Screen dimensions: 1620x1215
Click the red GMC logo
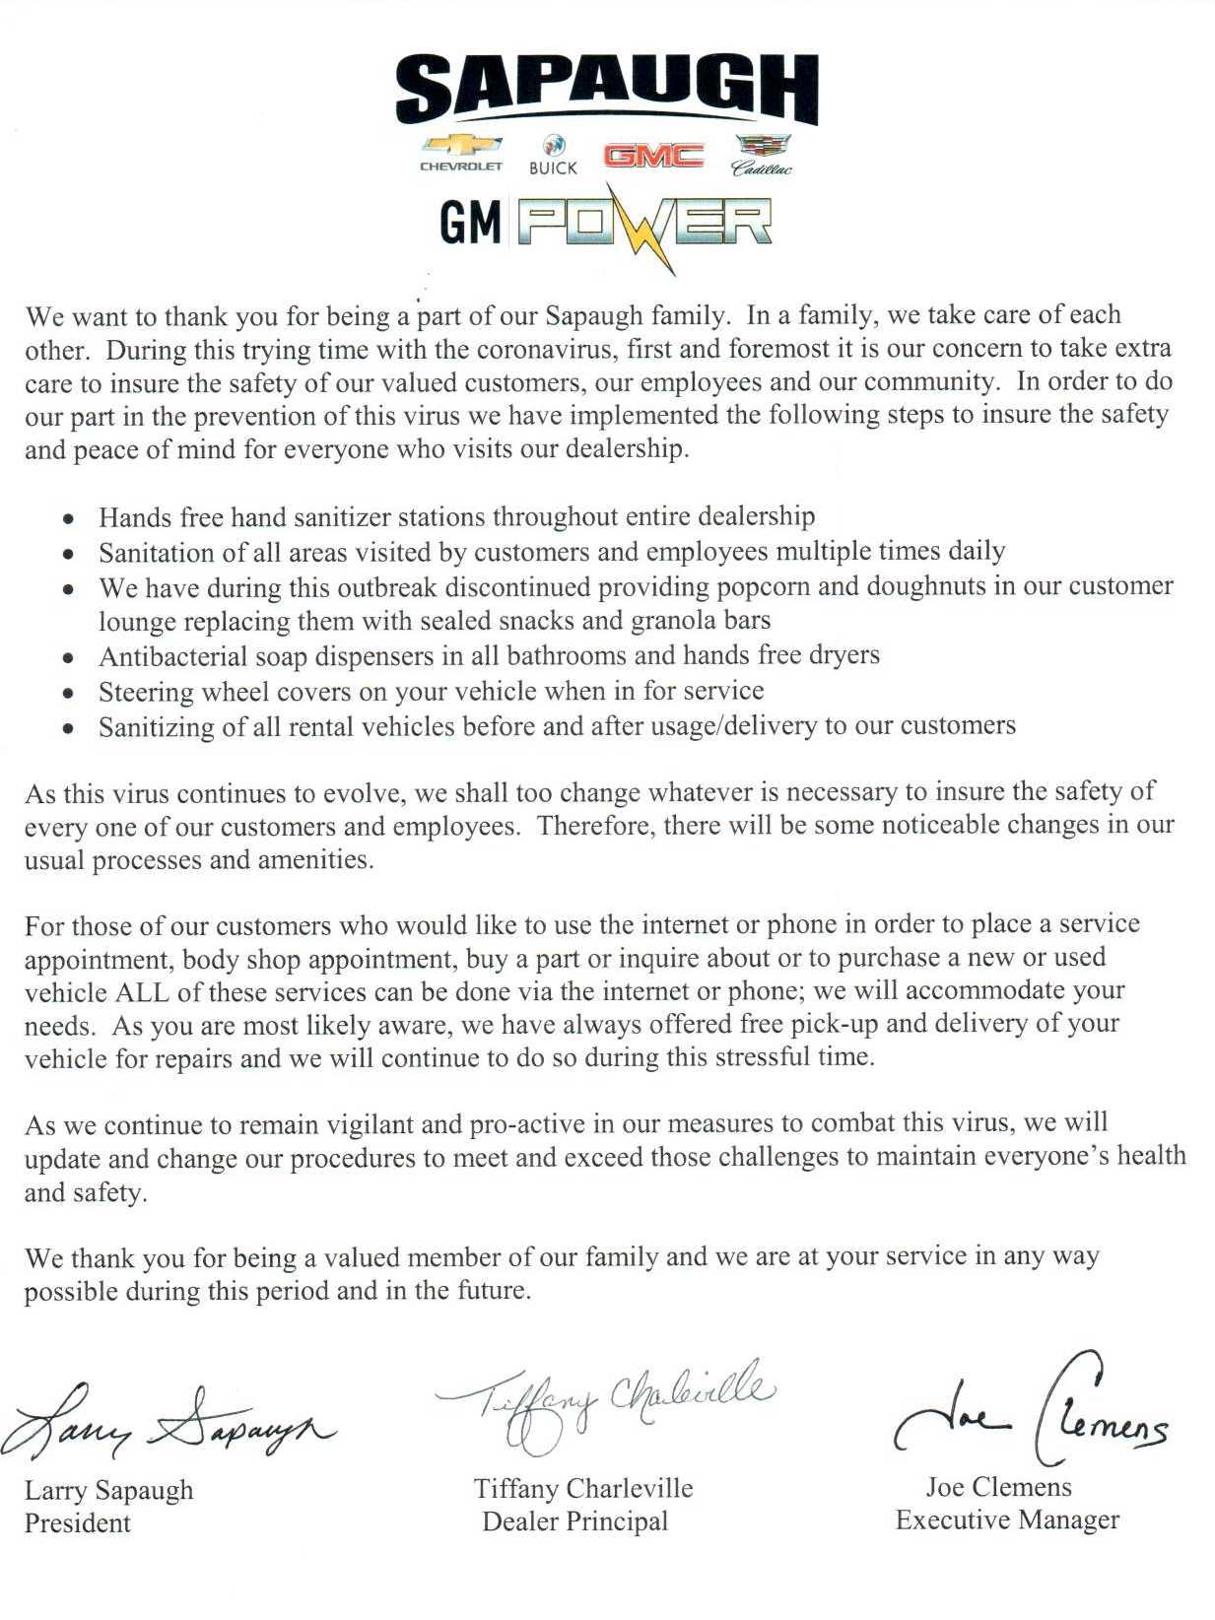[653, 156]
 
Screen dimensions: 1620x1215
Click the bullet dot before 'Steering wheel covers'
[67, 694]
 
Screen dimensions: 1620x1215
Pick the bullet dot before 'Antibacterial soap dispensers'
[67, 658]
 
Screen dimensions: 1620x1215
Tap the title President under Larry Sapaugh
[78, 1523]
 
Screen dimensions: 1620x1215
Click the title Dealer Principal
[575, 1522]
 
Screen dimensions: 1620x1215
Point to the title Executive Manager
[1007, 1520]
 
